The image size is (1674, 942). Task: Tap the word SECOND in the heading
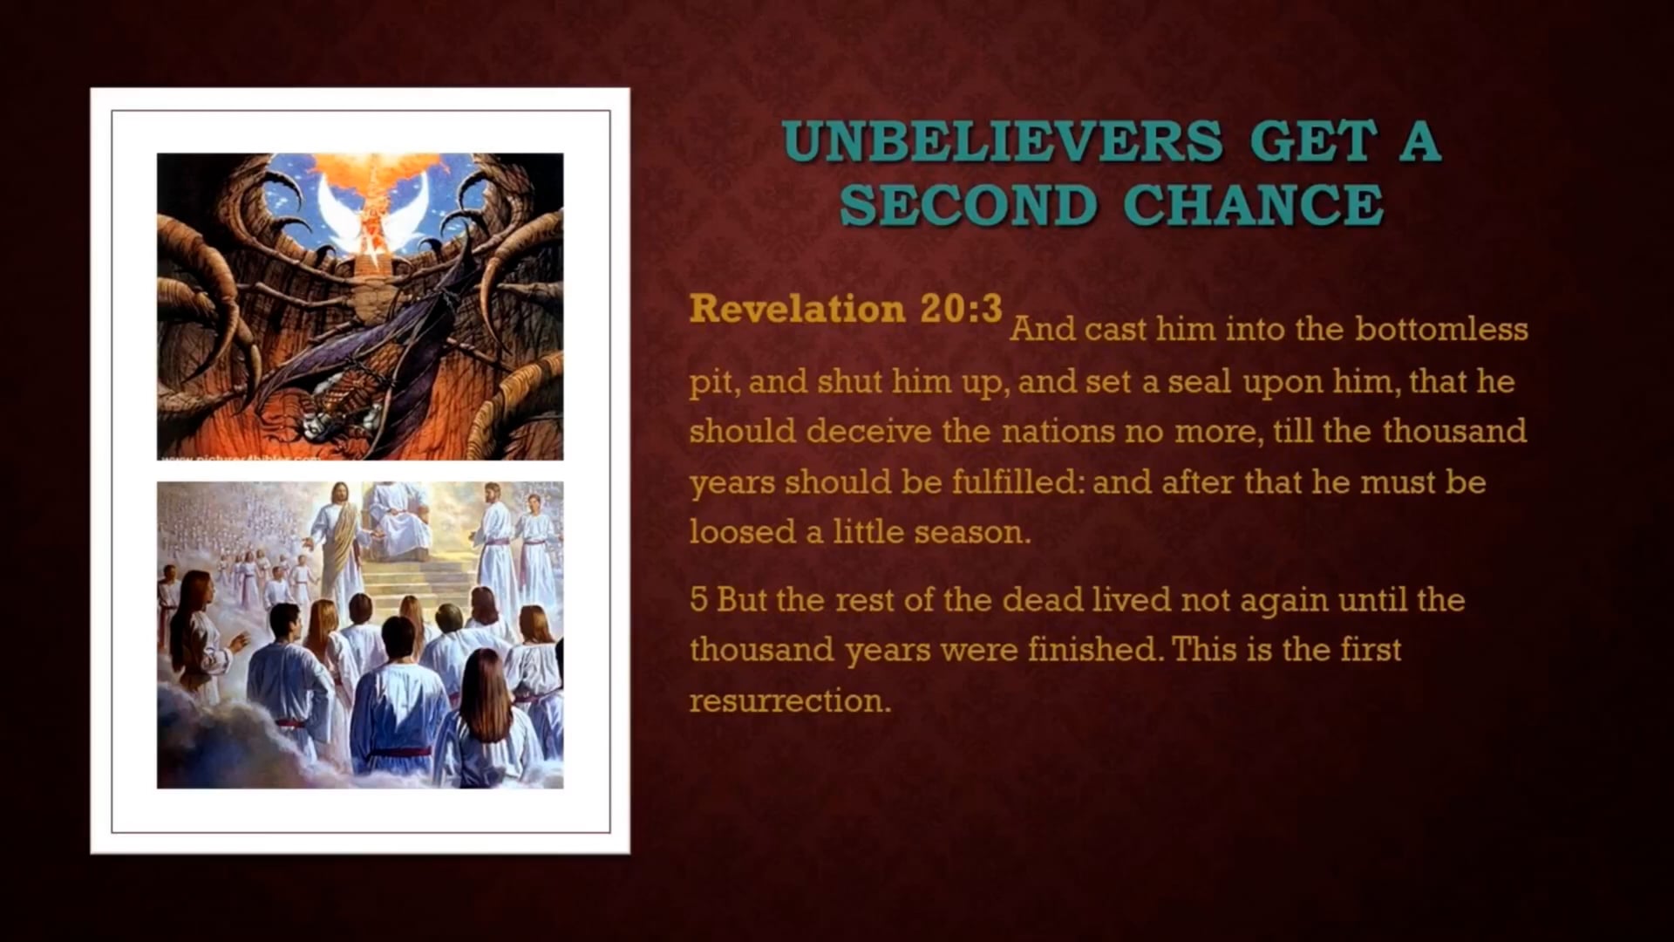[x=968, y=205]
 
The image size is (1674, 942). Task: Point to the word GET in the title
[x=1316, y=141]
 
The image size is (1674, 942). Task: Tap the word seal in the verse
[x=1200, y=381]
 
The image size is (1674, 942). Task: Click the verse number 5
[x=697, y=600]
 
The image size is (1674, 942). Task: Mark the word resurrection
[x=790, y=700]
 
